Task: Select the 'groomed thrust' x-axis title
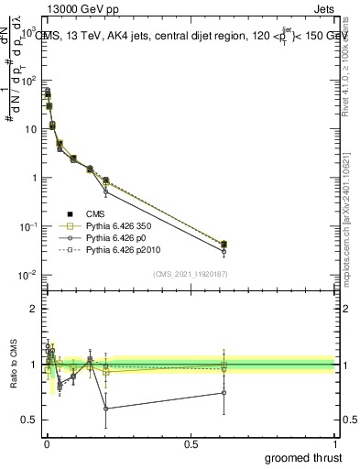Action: tap(304, 457)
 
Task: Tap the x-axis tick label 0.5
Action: tap(191, 444)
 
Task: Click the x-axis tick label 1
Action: tap(334, 444)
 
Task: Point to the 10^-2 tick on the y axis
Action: tap(29, 275)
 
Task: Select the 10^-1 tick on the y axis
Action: tap(29, 226)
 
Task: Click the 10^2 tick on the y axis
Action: tap(29, 81)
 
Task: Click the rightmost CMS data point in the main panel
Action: tap(224, 245)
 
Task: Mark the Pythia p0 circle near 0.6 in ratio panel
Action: tap(224, 393)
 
